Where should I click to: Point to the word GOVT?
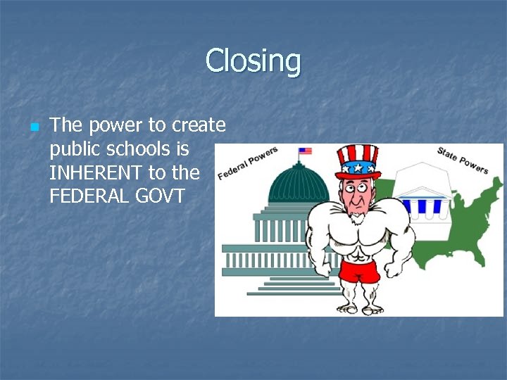pyautogui.click(x=159, y=196)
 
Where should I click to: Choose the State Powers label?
pyautogui.click(x=463, y=160)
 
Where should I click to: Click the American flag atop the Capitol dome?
pyautogui.click(x=305, y=151)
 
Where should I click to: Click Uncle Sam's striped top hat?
pyautogui.click(x=358, y=161)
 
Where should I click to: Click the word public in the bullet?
pyautogui.click(x=72, y=149)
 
